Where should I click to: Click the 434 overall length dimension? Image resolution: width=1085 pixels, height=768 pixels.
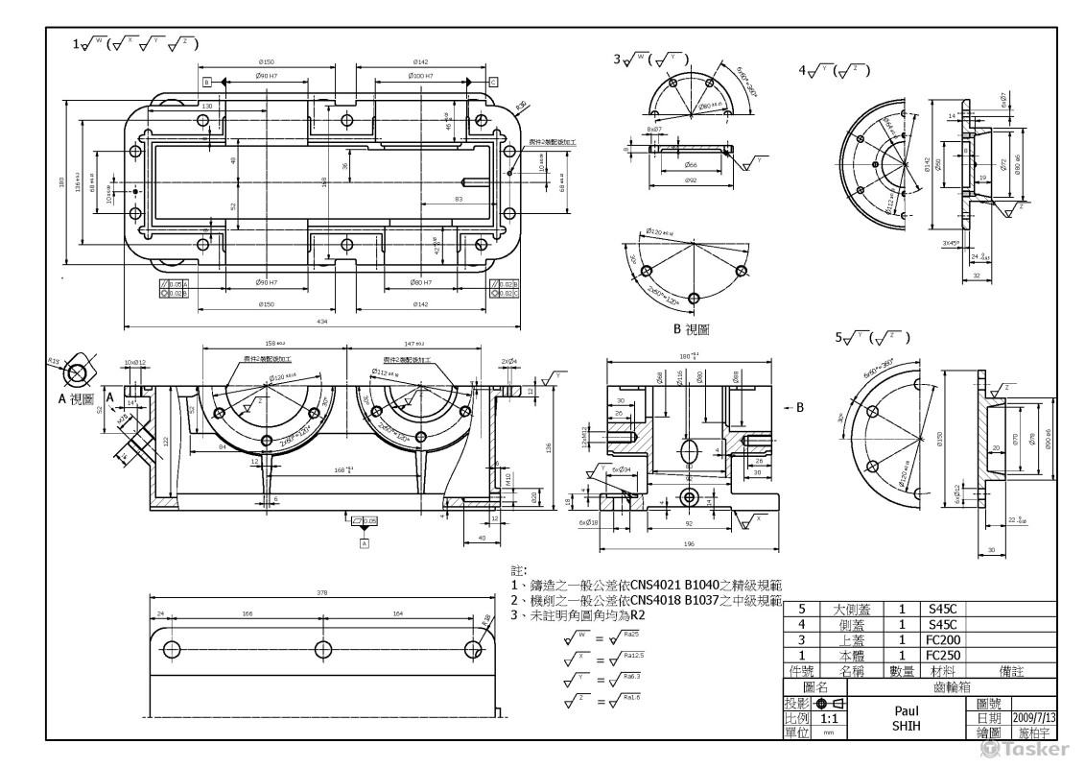click(x=323, y=322)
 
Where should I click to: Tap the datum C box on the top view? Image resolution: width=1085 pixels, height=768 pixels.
click(x=492, y=83)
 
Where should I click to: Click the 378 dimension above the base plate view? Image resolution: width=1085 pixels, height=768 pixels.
click(x=321, y=592)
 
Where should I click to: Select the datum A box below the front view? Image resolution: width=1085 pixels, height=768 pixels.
click(x=365, y=543)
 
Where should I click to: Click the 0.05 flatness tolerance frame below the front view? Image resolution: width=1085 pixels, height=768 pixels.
click(x=365, y=520)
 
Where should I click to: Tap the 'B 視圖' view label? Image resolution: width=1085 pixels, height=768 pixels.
click(x=691, y=329)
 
